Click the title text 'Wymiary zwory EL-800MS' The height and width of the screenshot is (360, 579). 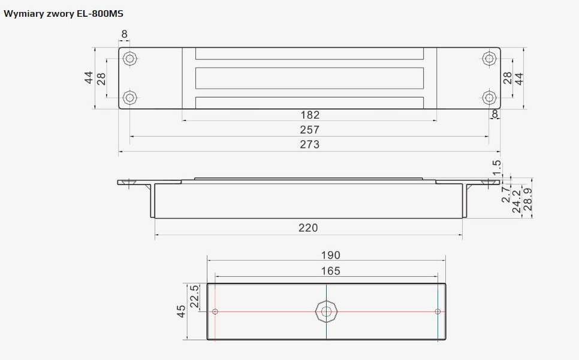point(64,14)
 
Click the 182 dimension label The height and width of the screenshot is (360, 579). point(310,115)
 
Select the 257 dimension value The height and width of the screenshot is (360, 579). point(309,130)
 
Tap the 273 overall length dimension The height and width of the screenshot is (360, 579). point(309,144)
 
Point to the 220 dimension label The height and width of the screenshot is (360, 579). point(308,228)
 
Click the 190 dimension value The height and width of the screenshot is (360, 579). point(330,255)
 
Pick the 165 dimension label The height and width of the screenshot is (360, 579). point(330,271)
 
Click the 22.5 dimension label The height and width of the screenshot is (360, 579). point(194,297)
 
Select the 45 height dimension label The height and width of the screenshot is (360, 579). point(181,311)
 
